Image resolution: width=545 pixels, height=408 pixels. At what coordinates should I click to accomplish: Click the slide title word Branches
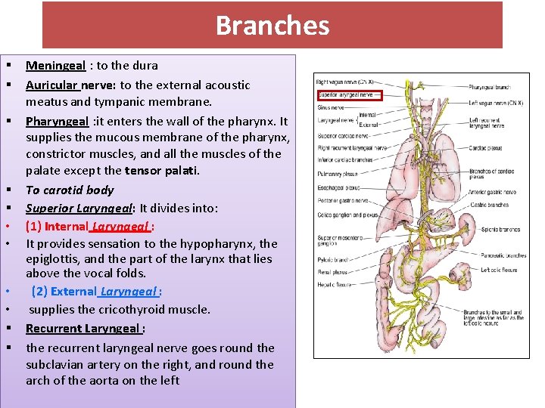click(x=272, y=25)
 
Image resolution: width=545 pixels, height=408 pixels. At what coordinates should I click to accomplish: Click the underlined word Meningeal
click(x=55, y=66)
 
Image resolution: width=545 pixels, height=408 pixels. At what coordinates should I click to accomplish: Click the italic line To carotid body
click(x=70, y=190)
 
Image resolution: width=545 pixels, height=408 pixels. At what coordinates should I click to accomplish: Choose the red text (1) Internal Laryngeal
click(x=89, y=226)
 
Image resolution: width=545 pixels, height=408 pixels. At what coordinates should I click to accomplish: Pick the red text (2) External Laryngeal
click(x=96, y=292)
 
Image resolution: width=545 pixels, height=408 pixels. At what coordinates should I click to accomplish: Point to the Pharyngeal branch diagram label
click(x=491, y=88)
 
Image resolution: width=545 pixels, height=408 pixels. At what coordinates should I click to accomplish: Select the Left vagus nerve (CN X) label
click(x=497, y=103)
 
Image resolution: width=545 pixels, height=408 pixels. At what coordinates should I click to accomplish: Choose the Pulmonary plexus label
click(x=337, y=173)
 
